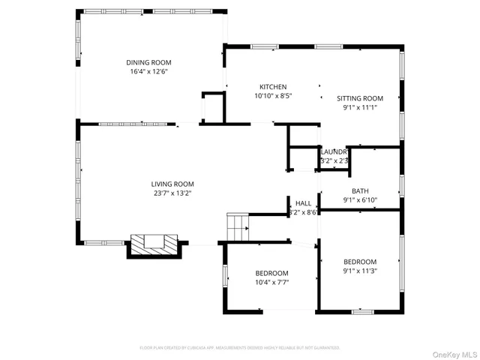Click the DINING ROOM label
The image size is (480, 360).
(148, 62)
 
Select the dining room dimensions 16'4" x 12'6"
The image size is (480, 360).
(148, 71)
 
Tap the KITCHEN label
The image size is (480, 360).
(273, 87)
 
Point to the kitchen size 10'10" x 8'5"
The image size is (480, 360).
(273, 96)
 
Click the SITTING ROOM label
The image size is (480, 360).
(359, 98)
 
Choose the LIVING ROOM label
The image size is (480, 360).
(172, 184)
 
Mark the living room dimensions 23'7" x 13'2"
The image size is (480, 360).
(172, 193)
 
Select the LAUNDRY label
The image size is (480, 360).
(334, 151)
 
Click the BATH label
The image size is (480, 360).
(360, 191)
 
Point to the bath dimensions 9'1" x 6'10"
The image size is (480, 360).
(360, 200)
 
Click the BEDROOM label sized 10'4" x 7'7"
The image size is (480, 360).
(271, 273)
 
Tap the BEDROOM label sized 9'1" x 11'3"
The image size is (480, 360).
(360, 262)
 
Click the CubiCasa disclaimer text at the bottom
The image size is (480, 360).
(240, 348)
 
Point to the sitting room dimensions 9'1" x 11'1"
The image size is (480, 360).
(359, 107)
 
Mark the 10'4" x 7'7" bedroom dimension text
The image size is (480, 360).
(271, 282)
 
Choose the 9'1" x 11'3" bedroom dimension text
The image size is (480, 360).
(360, 271)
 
